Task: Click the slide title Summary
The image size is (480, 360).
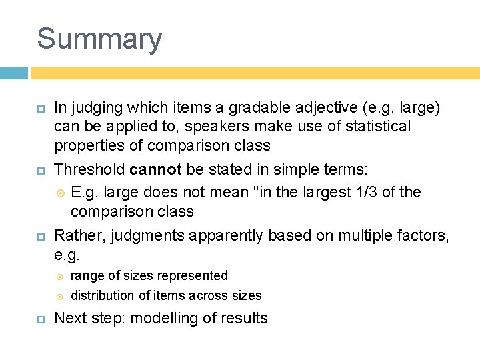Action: (99, 39)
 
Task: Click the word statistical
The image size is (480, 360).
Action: (373, 125)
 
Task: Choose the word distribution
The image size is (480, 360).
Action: (102, 295)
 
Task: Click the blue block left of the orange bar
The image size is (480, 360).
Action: (14, 73)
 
